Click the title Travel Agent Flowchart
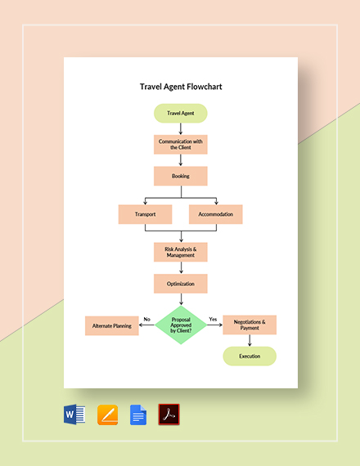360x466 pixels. pos(180,86)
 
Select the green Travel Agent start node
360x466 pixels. pos(180,114)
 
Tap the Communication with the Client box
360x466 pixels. pos(180,145)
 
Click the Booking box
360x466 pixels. pos(180,176)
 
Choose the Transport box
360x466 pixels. pos(145,214)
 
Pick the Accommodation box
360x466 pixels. pos(216,214)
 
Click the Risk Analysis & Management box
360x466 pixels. pos(180,251)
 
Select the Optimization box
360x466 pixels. pos(180,284)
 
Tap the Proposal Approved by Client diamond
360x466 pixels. pos(180,325)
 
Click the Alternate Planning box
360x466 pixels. pos(111,325)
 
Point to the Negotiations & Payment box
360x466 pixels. pos(250,325)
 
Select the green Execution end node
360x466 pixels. pos(250,356)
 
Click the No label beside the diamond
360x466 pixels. pos(147,319)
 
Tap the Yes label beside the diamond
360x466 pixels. pos(213,319)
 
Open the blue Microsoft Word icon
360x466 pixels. pos(74,414)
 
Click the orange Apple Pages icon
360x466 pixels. pos(107,414)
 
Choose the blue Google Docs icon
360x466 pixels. pos(138,414)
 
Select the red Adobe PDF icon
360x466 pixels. pos(169,414)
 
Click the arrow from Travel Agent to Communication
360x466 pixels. pos(180,129)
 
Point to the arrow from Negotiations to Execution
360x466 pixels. pos(250,341)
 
